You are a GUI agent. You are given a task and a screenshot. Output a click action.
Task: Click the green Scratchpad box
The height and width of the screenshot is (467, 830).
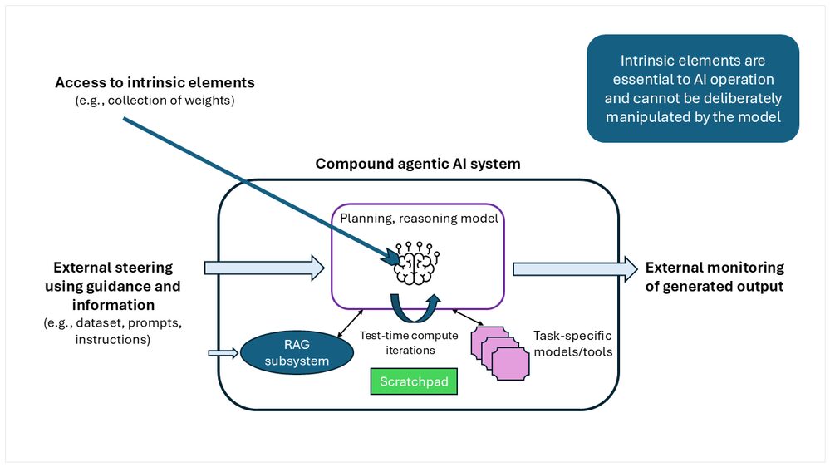tap(413, 381)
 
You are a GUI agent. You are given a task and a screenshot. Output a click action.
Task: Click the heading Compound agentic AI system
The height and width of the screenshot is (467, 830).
tap(418, 164)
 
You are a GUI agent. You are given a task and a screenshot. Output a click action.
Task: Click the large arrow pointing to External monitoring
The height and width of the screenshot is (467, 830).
tap(573, 268)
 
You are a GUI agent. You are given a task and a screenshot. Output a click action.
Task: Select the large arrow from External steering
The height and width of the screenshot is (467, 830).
tap(263, 267)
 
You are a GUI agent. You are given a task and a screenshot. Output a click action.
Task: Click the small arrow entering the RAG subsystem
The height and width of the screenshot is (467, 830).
tap(223, 354)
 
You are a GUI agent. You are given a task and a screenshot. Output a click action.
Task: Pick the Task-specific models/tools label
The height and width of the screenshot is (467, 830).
tap(572, 344)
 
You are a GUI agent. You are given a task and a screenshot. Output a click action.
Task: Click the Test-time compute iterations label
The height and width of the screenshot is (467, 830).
tap(397, 343)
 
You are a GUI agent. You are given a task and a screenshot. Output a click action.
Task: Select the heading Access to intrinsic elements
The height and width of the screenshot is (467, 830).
tap(155, 83)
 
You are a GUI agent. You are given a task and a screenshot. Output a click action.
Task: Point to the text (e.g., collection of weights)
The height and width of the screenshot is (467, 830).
tap(155, 101)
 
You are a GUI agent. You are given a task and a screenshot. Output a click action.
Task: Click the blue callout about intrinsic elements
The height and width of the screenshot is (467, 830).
tap(692, 89)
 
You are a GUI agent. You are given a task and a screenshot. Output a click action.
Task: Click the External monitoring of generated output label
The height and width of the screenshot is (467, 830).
tap(715, 277)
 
